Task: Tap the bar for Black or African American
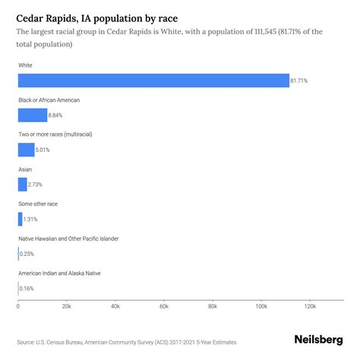(x=33, y=115)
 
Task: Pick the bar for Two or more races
(x=27, y=150)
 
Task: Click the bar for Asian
(x=22, y=185)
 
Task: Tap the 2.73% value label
(x=37, y=185)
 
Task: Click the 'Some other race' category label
(x=38, y=204)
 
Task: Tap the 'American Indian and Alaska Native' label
(x=59, y=273)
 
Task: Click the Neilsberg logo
(x=318, y=341)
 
